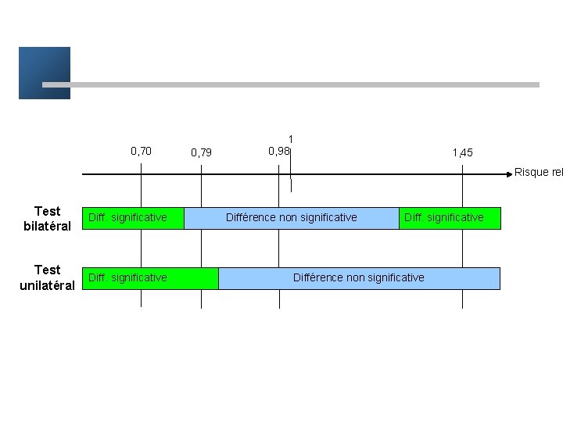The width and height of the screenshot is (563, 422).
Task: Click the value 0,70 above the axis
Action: point(141,151)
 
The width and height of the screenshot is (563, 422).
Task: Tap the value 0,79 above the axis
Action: point(201,152)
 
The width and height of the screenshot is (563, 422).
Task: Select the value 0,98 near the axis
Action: point(278,151)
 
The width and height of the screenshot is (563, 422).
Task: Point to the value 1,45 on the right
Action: point(462,152)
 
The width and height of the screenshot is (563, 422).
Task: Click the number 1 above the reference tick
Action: point(291,139)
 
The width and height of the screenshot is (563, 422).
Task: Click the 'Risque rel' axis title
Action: point(538,173)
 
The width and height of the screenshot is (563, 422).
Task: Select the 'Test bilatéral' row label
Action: point(47,218)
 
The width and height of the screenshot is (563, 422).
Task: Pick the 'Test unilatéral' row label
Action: point(47,277)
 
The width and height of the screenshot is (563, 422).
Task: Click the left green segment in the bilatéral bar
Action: point(133,218)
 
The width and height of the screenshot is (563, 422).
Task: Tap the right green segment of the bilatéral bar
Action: point(450,218)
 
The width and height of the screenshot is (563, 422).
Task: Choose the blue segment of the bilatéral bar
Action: point(291,218)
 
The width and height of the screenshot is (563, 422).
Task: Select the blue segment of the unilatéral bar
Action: point(358,278)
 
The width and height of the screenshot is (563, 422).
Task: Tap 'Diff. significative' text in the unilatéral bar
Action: point(127,277)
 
